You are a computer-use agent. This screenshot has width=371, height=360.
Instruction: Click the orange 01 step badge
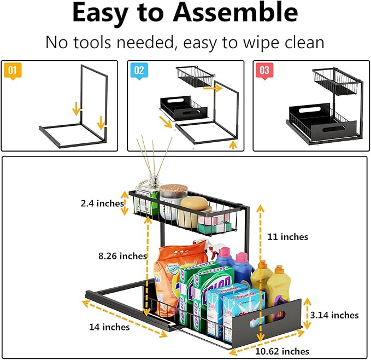pyautogui.click(x=13, y=70)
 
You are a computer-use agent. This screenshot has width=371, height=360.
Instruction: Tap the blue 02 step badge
pyautogui.click(x=138, y=70)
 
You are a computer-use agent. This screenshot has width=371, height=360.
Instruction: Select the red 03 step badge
pyautogui.click(x=264, y=70)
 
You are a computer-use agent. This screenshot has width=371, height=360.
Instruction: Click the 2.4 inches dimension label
pyautogui.click(x=103, y=204)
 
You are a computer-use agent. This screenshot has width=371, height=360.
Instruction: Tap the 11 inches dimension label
pyautogui.click(x=288, y=237)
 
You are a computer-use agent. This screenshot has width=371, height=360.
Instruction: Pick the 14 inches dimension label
pyautogui.click(x=109, y=327)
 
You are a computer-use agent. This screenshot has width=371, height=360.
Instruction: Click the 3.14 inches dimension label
pyautogui.click(x=334, y=315)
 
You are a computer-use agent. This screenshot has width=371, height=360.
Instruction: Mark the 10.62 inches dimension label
pyautogui.click(x=285, y=351)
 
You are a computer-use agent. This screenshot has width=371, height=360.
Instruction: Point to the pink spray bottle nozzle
pyautogui.click(x=224, y=253)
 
